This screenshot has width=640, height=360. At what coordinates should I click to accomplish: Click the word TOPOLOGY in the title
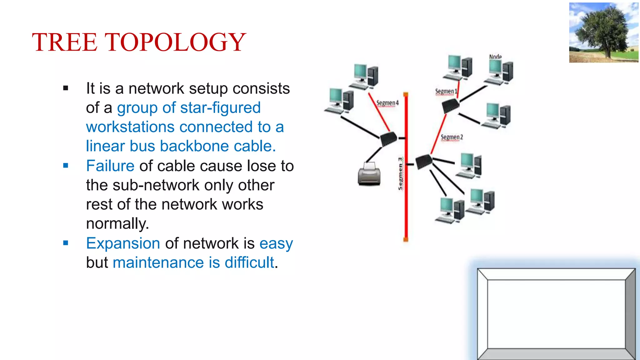175,42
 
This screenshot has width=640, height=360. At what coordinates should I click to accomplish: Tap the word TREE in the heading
65,42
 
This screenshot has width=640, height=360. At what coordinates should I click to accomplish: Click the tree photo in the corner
604,32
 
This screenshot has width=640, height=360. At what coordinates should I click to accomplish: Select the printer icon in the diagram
369,174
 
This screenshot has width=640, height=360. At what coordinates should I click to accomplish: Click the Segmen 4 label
387,103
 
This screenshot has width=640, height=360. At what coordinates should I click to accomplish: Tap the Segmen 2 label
452,137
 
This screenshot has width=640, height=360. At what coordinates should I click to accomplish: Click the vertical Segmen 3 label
401,173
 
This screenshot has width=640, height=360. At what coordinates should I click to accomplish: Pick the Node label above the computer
495,57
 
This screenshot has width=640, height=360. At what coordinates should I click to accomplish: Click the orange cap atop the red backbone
406,94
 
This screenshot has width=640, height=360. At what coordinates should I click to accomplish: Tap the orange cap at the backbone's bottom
406,240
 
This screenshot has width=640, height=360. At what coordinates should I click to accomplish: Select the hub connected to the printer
388,139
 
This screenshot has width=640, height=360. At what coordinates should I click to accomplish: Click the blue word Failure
110,166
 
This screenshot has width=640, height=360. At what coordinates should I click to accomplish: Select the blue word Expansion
123,243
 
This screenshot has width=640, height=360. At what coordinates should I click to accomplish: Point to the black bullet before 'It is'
66,88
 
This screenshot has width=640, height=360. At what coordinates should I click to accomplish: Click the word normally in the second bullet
117,224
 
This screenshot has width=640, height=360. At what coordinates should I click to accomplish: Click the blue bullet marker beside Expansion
66,243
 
